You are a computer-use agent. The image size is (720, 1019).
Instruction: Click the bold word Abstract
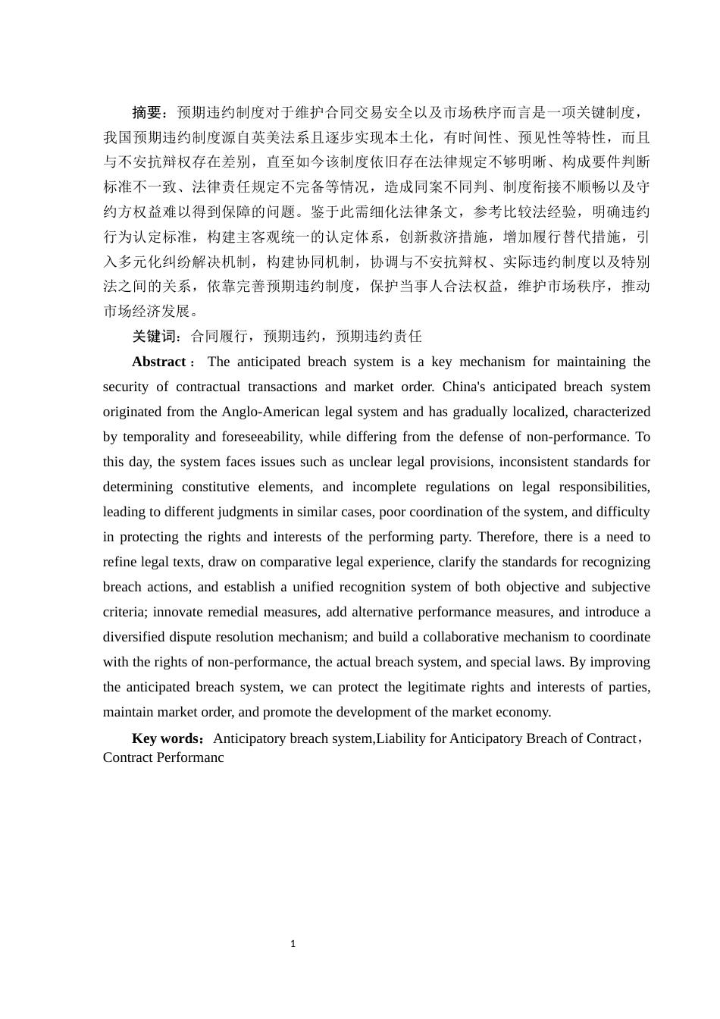click(158, 362)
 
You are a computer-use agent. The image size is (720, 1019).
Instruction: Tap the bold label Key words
click(164, 738)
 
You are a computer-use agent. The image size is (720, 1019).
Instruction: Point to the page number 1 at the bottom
click(293, 944)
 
